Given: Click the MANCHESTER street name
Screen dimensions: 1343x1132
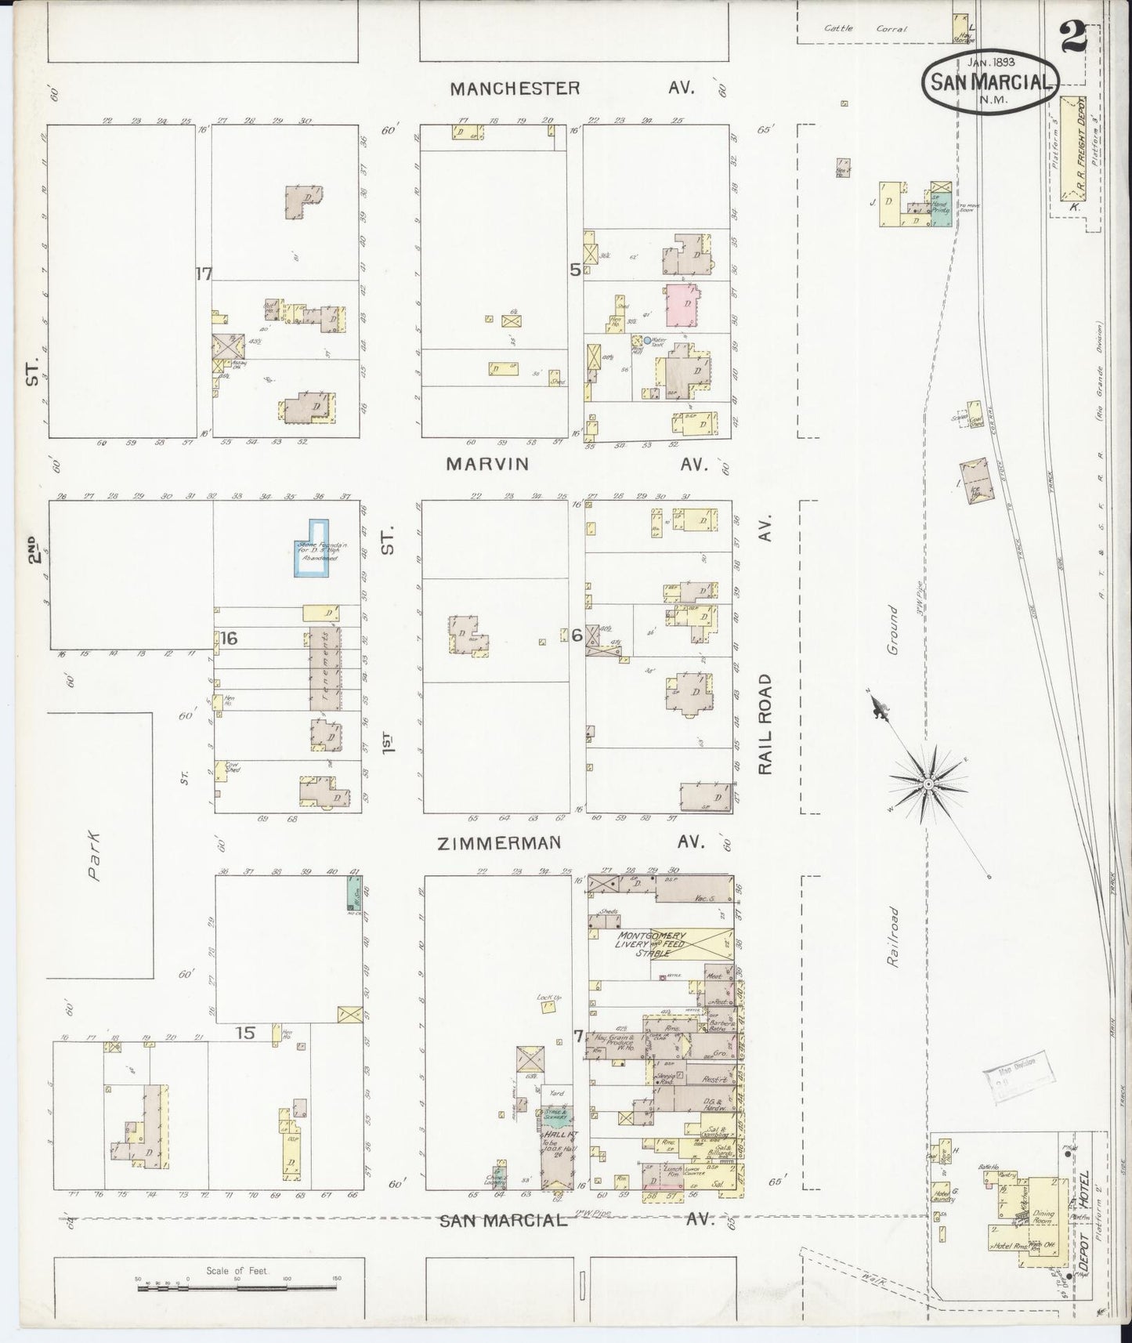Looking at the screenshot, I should pos(515,88).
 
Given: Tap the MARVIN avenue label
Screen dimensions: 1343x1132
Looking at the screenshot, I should pos(486,464).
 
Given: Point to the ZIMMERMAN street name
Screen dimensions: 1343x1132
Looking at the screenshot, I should pos(499,842).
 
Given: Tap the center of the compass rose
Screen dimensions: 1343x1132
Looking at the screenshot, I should pos(928,782).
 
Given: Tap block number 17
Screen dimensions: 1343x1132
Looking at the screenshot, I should pos(204,273).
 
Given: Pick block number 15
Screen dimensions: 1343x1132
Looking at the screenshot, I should pos(245,1033).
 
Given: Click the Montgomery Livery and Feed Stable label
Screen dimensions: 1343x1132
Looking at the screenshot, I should pos(653,944).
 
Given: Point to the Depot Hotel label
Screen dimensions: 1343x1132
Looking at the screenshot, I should pos(1085,1236).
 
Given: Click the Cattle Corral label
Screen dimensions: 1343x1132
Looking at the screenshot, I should pos(865,28).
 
